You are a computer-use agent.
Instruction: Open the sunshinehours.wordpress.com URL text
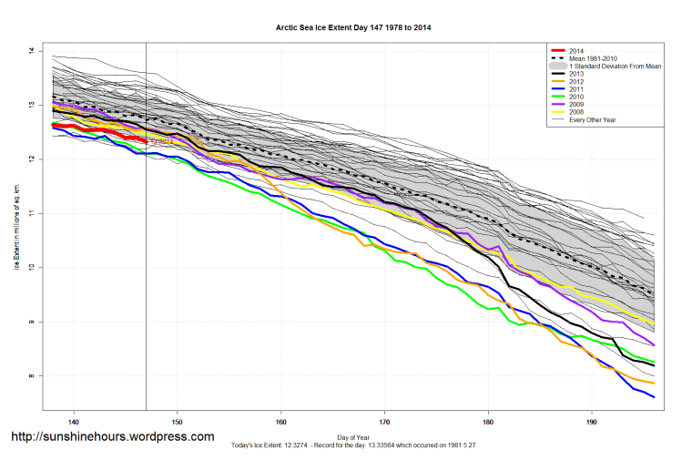[112, 437]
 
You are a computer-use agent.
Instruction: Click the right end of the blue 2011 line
[654, 397]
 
